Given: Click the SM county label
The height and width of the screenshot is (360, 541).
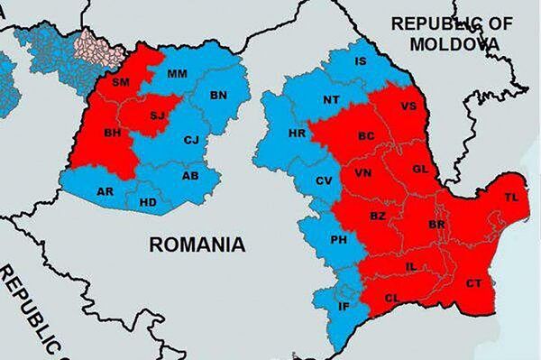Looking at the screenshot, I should pyautogui.click(x=121, y=83).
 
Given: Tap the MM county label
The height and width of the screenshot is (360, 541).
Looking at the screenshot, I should pyautogui.click(x=178, y=73).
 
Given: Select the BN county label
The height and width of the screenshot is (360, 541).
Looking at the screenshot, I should pyautogui.click(x=218, y=95).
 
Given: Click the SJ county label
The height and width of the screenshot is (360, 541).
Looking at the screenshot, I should pyautogui.click(x=157, y=115).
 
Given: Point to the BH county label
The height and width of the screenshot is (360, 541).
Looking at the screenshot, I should pyautogui.click(x=113, y=133).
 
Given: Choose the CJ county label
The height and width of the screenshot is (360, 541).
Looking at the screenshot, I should pyautogui.click(x=190, y=140).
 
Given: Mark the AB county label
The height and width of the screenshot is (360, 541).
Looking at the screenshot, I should pyautogui.click(x=189, y=176).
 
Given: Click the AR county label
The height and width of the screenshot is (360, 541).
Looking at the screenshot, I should pyautogui.click(x=105, y=191).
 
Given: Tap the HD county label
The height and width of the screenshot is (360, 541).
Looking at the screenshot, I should pyautogui.click(x=148, y=202).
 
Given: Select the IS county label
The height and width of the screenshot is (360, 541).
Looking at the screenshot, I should pyautogui.click(x=361, y=62).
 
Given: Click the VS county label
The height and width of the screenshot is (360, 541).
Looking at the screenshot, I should pyautogui.click(x=408, y=105).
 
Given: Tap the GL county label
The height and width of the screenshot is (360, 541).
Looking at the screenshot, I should pyautogui.click(x=418, y=169).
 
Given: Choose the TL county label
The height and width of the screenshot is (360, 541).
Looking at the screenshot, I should pyautogui.click(x=511, y=198).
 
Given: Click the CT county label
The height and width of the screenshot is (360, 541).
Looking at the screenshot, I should pyautogui.click(x=473, y=284).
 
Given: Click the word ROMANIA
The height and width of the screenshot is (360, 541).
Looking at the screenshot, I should pyautogui.click(x=197, y=244).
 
